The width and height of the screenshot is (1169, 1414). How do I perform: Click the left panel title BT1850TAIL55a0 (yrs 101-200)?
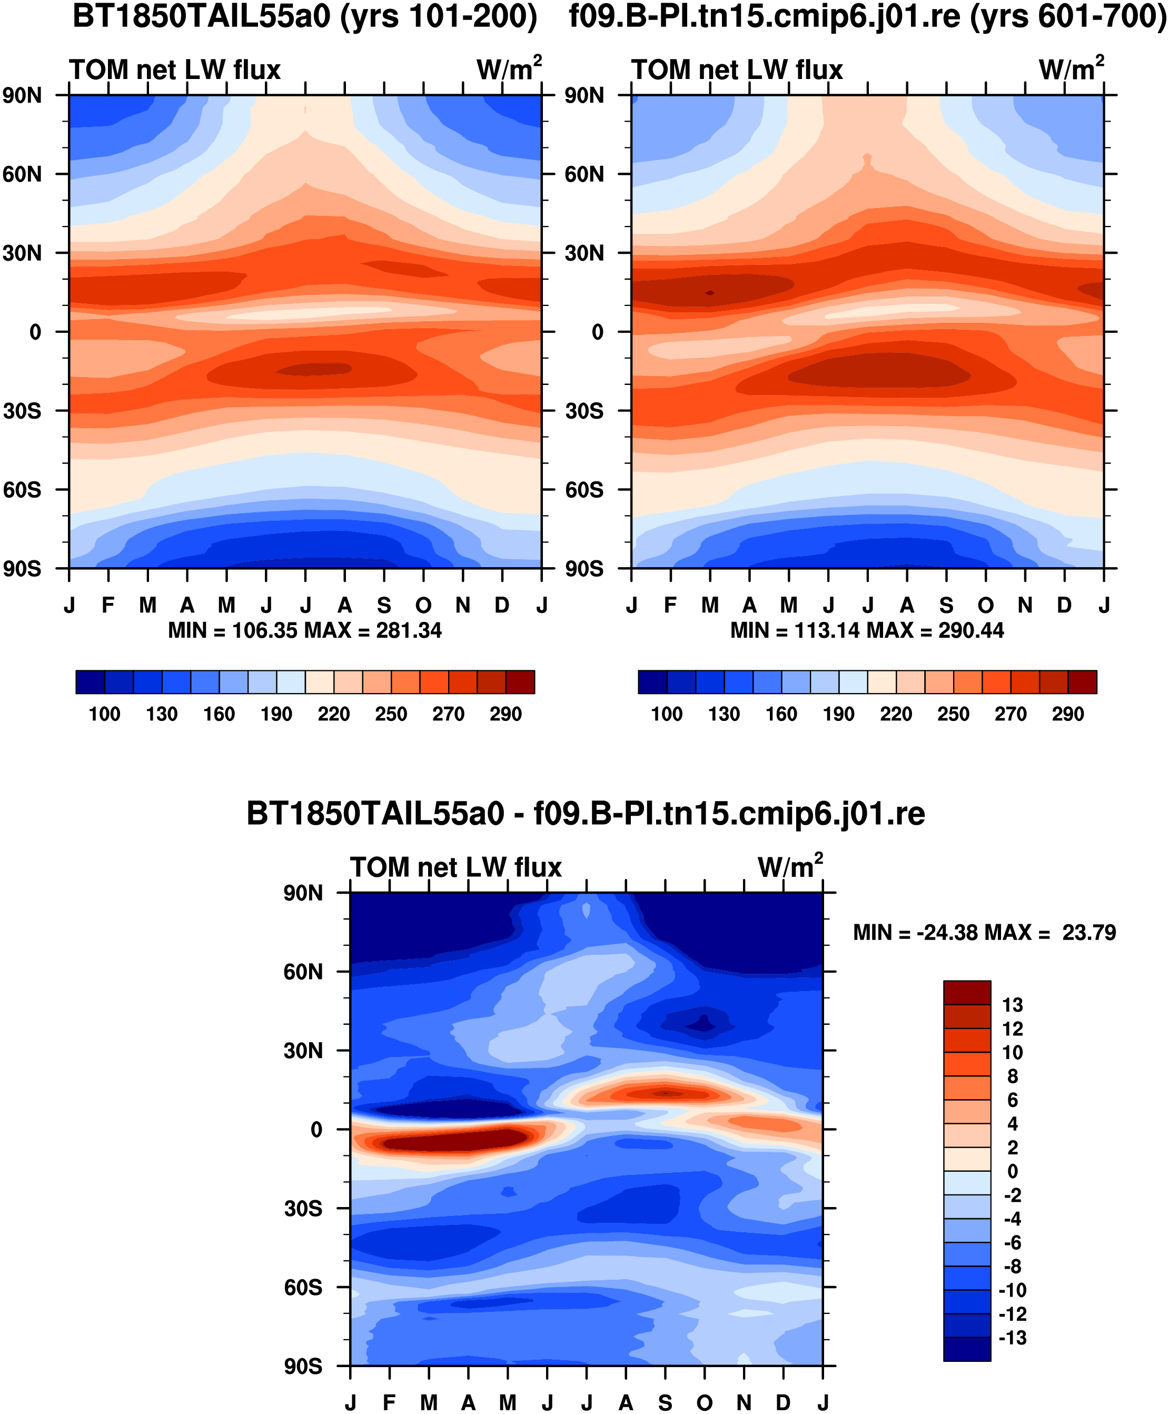pyautogui.click(x=305, y=16)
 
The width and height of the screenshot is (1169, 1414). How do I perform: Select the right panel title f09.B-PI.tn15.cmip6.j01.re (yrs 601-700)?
pyautogui.click(x=868, y=16)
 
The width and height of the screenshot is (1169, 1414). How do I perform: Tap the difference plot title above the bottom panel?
pyautogui.click(x=586, y=814)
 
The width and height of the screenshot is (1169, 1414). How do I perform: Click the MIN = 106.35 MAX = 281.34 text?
pyautogui.click(x=305, y=630)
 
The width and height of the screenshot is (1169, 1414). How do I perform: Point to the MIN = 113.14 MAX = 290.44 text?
pyautogui.click(x=867, y=630)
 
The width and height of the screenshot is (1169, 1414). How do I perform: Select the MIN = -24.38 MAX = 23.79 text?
pyautogui.click(x=985, y=933)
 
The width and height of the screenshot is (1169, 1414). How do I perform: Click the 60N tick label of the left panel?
pyautogui.click(x=22, y=174)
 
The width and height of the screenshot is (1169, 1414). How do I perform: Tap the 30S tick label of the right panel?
pyautogui.click(x=584, y=411)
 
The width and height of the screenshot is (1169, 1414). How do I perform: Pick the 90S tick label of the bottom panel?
pyautogui.click(x=303, y=1366)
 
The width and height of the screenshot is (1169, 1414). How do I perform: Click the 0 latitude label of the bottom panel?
pyautogui.click(x=316, y=1129)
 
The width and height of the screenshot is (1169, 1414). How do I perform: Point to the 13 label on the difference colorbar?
pyautogui.click(x=1012, y=1005)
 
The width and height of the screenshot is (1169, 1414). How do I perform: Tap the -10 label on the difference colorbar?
pyautogui.click(x=1012, y=1290)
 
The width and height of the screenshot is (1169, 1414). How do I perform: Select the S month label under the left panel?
pyautogui.click(x=384, y=605)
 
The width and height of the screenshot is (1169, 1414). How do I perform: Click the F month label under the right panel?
pyautogui.click(x=670, y=605)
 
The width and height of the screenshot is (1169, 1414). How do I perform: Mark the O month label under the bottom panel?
pyautogui.click(x=705, y=1402)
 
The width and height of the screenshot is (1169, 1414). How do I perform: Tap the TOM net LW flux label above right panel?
pyautogui.click(x=737, y=70)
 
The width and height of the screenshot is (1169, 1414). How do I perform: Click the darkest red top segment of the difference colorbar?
pyautogui.click(x=967, y=993)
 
